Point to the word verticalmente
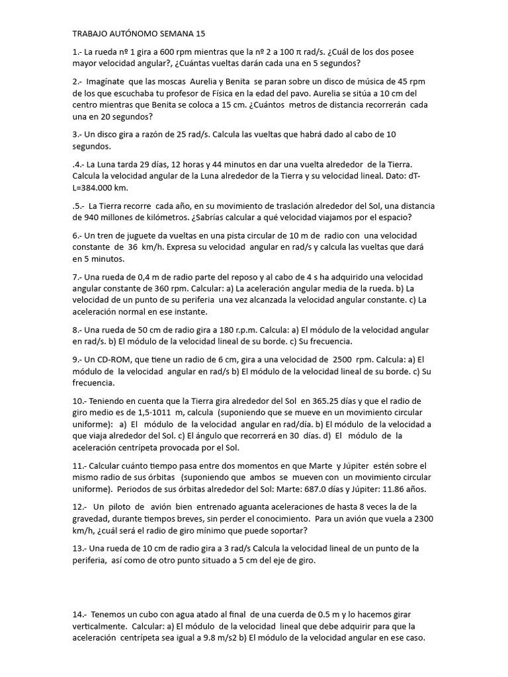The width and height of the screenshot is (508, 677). click(x=102, y=627)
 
